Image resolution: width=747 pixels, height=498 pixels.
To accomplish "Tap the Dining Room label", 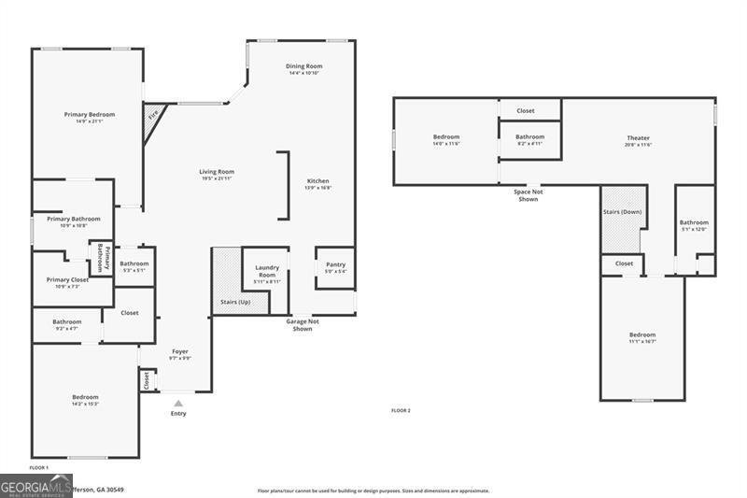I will [304, 66].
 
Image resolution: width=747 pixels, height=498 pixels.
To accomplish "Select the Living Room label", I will [217, 172].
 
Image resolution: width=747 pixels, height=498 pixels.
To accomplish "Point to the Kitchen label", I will [318, 181].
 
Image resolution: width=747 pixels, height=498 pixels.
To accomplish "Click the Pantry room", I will [335, 267].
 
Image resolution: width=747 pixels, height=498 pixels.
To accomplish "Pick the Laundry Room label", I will [267, 272].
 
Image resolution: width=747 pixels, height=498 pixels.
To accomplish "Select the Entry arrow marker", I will [178, 404].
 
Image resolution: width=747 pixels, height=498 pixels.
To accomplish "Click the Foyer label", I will [179, 352].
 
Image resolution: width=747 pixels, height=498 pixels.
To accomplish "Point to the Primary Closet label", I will [67, 279].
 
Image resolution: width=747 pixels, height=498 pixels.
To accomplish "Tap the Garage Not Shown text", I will [303, 325].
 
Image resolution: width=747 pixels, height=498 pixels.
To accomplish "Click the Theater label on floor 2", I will [638, 138].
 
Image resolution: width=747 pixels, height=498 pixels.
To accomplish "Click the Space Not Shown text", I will [528, 195].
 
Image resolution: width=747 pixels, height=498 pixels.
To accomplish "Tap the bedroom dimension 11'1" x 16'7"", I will [641, 341].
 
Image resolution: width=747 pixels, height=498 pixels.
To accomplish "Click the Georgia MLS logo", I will [36, 486].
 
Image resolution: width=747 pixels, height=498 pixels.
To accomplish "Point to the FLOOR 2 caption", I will [401, 410].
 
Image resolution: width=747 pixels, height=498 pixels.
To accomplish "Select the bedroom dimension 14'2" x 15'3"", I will [85, 404].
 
